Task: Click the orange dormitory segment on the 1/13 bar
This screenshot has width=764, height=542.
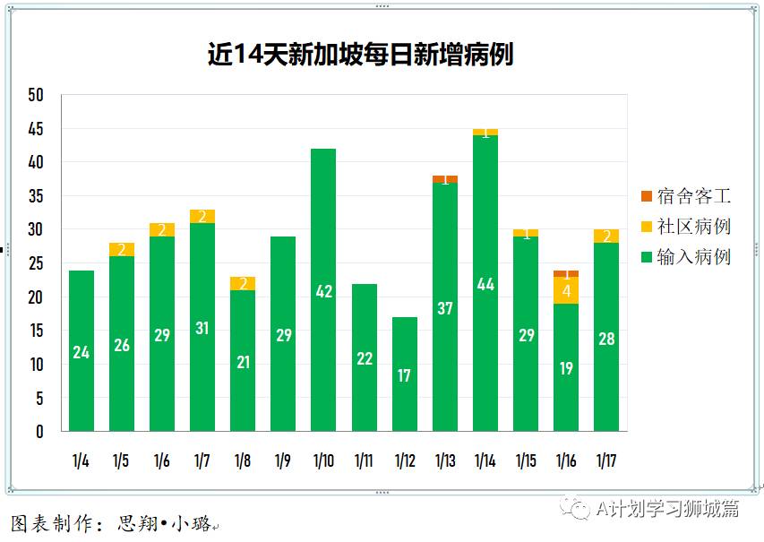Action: coord(445,179)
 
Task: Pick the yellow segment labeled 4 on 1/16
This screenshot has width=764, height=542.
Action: coord(566,290)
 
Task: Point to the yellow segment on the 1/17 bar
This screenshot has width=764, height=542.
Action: coord(606,237)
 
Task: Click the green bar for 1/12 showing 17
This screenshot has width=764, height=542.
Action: coord(404,374)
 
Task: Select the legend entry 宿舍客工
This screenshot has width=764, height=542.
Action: coord(686,195)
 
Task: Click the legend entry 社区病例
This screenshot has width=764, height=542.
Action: coord(686,226)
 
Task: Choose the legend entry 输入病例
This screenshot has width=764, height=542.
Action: coord(686,257)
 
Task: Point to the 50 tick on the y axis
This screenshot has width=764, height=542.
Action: coord(36,96)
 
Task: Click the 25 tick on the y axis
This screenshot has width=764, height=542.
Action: coord(36,263)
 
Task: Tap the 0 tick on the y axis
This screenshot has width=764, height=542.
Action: coord(39,431)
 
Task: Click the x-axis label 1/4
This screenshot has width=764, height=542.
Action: coord(81,461)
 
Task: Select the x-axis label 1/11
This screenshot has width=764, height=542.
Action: coord(364,461)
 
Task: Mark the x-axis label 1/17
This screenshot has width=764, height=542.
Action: coord(606,461)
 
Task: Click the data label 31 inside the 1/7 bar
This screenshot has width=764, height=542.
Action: coord(202,329)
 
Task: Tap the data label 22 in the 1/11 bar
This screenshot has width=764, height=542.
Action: coord(364,358)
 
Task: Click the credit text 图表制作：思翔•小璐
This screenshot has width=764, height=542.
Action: coord(112,523)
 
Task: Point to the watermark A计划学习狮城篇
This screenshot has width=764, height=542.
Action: coord(667,509)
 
